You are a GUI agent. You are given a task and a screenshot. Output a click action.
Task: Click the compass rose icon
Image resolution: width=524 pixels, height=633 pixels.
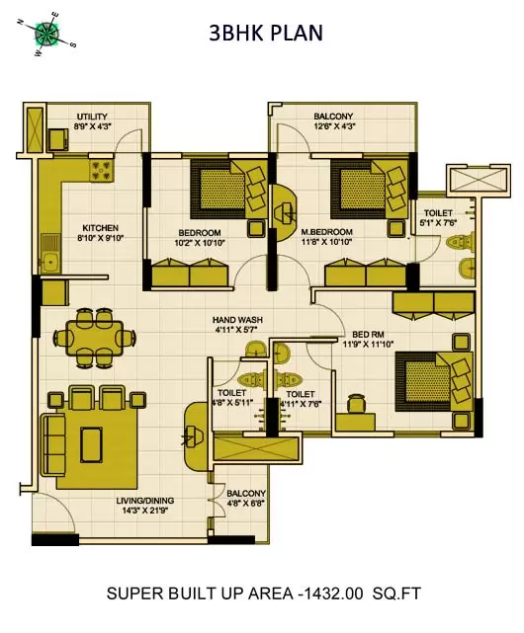(x=45, y=33)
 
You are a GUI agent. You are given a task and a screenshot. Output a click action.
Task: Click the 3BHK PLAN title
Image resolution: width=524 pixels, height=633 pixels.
(x=265, y=34)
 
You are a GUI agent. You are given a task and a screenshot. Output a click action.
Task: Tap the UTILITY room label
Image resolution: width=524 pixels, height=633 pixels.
(x=66, y=116)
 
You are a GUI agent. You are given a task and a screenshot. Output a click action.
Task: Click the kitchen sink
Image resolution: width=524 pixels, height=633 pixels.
(x=48, y=263)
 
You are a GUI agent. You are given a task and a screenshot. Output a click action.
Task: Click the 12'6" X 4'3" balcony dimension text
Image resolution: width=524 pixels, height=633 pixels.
(x=333, y=126)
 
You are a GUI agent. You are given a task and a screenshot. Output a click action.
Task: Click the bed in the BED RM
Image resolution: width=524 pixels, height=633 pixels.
(x=431, y=379)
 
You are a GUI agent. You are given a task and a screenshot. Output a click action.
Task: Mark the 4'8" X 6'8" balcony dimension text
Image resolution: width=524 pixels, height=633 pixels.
(x=245, y=503)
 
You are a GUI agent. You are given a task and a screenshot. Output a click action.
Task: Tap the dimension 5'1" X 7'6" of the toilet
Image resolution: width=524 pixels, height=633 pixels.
(x=438, y=223)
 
